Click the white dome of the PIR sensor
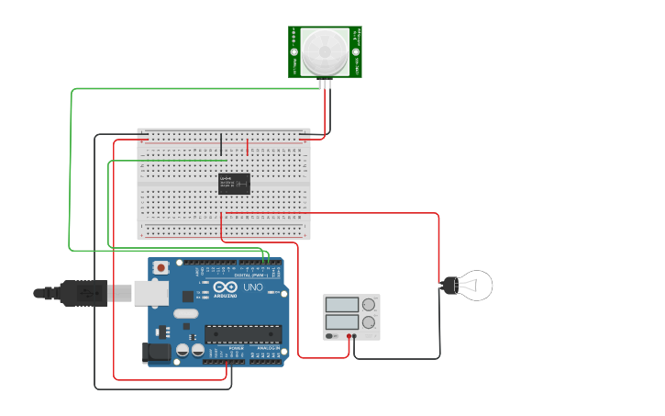tap(326, 51)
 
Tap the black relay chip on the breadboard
tap(234, 184)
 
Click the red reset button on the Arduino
tap(161, 267)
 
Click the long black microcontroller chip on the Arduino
tap(240, 337)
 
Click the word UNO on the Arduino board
tap(253, 287)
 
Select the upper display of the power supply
tap(341, 304)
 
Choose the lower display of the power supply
tap(341, 322)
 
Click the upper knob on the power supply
tap(369, 304)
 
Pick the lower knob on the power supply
tap(369, 322)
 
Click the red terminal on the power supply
tap(349, 337)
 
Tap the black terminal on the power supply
tap(355, 337)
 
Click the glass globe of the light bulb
tap(476, 286)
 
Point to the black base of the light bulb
tap(449, 286)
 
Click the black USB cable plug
tap(83, 293)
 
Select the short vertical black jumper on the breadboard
tap(220, 144)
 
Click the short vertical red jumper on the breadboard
tap(247, 146)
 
